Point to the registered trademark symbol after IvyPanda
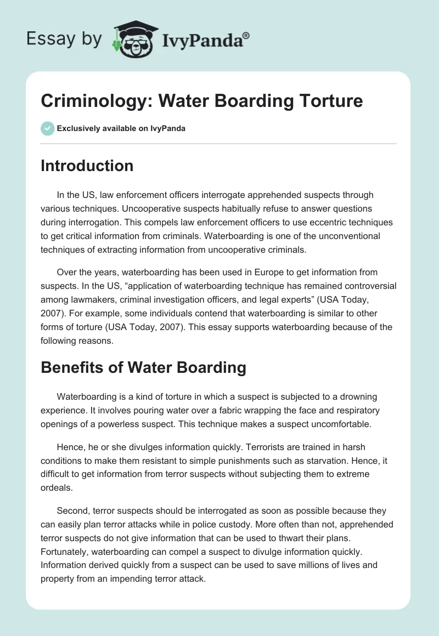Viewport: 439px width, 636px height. tap(246, 35)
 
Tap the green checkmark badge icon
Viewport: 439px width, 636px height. tap(47, 128)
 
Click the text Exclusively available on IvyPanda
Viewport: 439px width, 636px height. tap(121, 129)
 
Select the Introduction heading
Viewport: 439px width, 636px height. tap(87, 166)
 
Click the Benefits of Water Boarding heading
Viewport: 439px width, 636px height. tap(143, 368)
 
